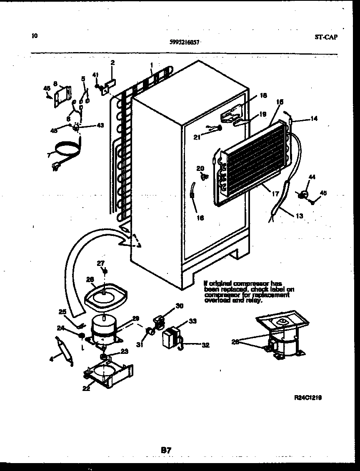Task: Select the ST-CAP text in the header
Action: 326,37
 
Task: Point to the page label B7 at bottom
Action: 166,450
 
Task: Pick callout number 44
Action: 312,177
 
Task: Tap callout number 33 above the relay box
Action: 192,321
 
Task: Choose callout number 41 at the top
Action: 95,75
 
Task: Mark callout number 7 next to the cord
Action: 49,155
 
